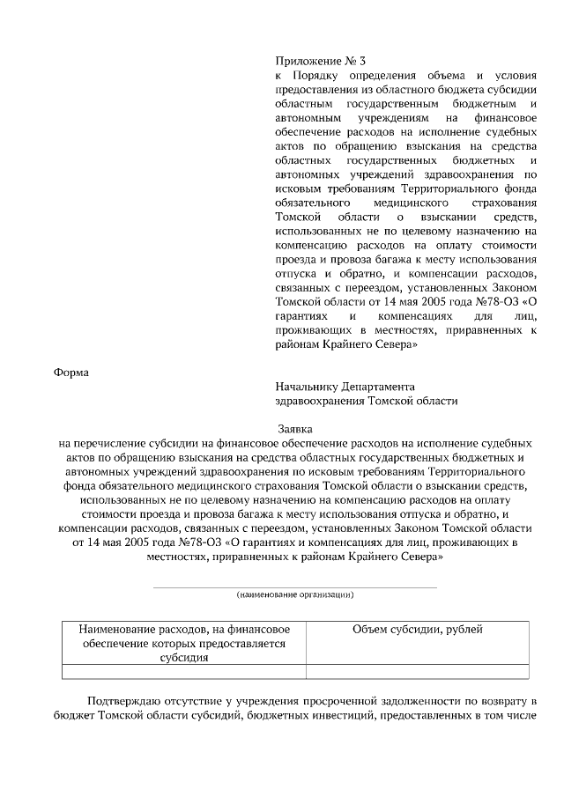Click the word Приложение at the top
click(x=303, y=61)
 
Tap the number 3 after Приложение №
click(x=352, y=61)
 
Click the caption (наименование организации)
click(x=294, y=594)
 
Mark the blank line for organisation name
click(x=294, y=587)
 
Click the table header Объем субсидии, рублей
click(x=417, y=629)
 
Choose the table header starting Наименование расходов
click(x=184, y=643)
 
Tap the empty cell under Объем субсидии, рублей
click(x=417, y=672)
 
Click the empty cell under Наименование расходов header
click(x=184, y=672)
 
